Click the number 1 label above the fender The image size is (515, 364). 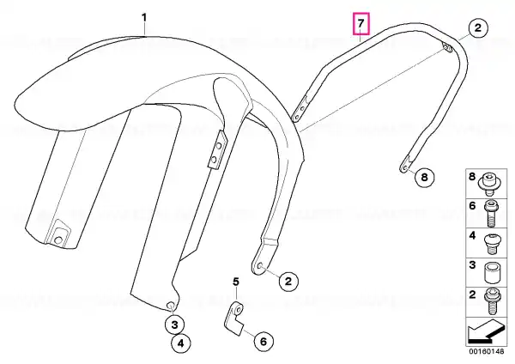(144, 17)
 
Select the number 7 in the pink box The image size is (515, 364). (361, 23)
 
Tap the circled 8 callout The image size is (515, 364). (424, 178)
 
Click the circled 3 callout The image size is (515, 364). (174, 325)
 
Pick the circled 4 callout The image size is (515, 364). (181, 343)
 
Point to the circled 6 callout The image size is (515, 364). (264, 342)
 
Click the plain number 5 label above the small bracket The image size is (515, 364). (236, 282)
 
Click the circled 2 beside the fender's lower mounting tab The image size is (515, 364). (288, 282)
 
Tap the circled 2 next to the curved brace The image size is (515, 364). (478, 27)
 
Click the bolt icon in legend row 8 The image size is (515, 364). (488, 185)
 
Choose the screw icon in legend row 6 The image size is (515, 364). (490, 214)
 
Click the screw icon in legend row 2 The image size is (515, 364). (491, 301)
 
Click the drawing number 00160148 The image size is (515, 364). (486, 351)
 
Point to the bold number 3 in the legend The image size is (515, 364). (472, 264)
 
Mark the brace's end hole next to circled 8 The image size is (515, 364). (404, 168)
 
